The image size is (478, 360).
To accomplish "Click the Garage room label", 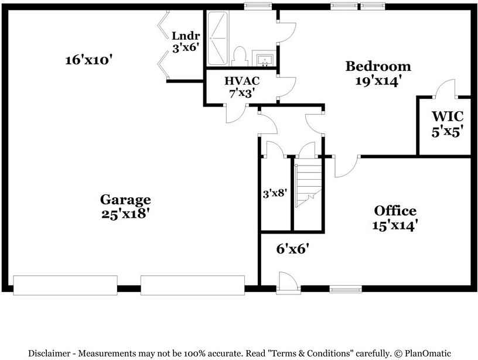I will [125, 200].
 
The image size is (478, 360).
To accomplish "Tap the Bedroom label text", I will [378, 66].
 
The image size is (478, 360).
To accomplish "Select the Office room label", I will [395, 211].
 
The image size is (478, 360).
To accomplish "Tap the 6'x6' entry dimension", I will [292, 249].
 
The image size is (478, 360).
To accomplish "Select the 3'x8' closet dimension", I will [274, 192].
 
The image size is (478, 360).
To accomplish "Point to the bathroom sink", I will [263, 59].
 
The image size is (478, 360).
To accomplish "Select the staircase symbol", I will [309, 185].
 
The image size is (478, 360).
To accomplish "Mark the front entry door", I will [288, 282].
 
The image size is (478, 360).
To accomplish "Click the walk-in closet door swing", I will [444, 89].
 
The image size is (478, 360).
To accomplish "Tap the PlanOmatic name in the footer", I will [428, 353].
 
